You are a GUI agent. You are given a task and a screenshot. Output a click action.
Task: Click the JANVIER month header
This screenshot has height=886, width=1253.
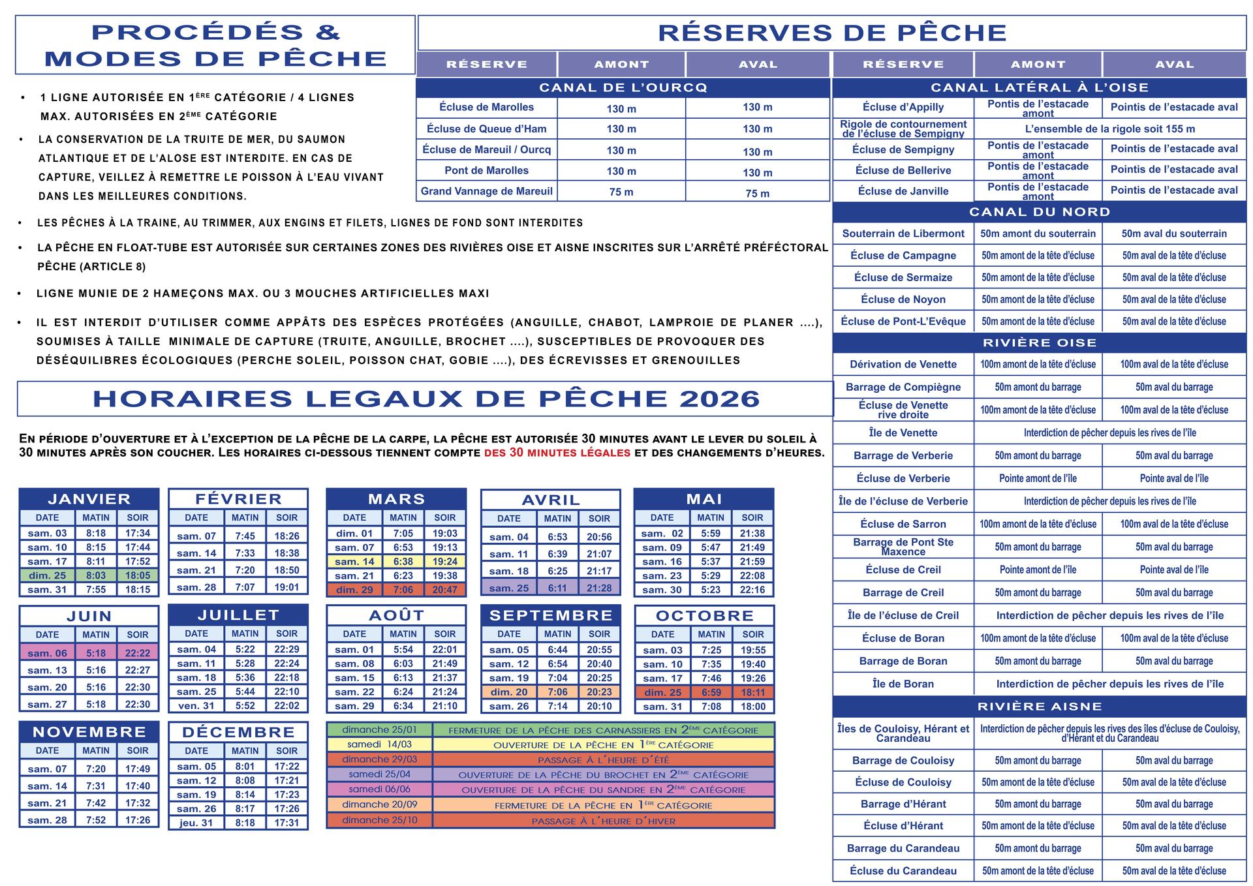[x=89, y=499]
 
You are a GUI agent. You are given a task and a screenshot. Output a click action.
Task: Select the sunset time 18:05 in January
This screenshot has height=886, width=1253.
[x=138, y=575]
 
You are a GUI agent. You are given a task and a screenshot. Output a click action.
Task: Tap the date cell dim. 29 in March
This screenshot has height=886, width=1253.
[x=354, y=590]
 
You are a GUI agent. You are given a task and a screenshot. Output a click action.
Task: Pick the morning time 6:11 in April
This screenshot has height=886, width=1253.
[x=557, y=588]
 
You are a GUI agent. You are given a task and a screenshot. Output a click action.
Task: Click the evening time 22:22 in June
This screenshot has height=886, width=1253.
[x=138, y=653]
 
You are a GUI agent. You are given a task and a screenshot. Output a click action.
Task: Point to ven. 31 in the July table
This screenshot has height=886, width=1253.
[x=196, y=705]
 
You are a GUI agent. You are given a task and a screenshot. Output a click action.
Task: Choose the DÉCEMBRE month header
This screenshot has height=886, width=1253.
[x=238, y=732]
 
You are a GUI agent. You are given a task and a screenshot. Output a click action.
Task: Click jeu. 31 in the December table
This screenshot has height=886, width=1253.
[x=196, y=823]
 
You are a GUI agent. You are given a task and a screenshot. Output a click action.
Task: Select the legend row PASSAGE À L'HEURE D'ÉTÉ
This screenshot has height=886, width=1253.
[x=603, y=760]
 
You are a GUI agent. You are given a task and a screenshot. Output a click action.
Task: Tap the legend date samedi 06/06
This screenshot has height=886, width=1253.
[x=379, y=789]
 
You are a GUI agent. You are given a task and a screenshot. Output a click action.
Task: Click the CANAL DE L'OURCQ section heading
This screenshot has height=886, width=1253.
[x=623, y=87]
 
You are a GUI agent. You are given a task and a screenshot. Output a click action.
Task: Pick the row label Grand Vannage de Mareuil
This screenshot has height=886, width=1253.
[x=486, y=191]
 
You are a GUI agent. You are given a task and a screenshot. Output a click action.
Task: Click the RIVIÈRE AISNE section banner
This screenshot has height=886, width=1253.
[x=1039, y=707]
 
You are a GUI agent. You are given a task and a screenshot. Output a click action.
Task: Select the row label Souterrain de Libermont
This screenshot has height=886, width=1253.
[x=903, y=234]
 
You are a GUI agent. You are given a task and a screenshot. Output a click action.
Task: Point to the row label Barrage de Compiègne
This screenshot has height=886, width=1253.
[x=903, y=387]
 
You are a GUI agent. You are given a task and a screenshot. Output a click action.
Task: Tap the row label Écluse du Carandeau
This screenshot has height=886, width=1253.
[x=903, y=870]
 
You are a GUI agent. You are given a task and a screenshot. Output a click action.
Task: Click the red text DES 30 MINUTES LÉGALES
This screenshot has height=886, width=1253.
[x=557, y=453]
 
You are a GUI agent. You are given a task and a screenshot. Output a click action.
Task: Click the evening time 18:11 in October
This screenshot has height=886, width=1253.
[x=752, y=692]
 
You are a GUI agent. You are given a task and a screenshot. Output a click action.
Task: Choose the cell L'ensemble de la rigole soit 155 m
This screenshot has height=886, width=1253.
[x=1109, y=129]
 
